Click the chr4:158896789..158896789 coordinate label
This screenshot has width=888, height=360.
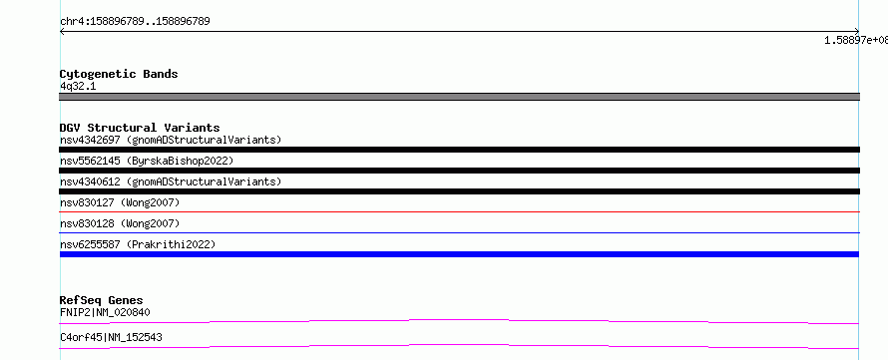[x=135, y=22]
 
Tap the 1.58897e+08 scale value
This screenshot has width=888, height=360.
[x=856, y=40]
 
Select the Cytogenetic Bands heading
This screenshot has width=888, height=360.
[x=119, y=74]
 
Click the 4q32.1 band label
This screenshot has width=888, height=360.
[x=78, y=86]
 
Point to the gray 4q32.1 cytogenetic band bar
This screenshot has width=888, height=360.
[x=459, y=97]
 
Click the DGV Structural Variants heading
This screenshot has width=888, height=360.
[x=140, y=128]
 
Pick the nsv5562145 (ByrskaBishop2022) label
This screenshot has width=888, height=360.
[x=147, y=161]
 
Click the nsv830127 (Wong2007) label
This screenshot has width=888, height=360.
[x=120, y=202]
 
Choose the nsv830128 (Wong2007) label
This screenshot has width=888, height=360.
[x=120, y=223]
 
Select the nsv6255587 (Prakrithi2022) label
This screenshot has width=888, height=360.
[x=138, y=244]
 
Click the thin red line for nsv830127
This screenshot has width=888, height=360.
[x=459, y=211]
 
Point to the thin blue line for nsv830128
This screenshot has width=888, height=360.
[x=459, y=232]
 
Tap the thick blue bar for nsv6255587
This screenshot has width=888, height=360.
[x=459, y=254]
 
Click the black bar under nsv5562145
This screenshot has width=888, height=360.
[x=459, y=171]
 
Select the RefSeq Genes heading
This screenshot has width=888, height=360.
[x=102, y=300]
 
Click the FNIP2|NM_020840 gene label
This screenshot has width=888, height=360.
[x=106, y=312]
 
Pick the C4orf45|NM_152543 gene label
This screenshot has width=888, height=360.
[x=111, y=337]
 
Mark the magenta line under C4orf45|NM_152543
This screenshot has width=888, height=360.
[x=459, y=345]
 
